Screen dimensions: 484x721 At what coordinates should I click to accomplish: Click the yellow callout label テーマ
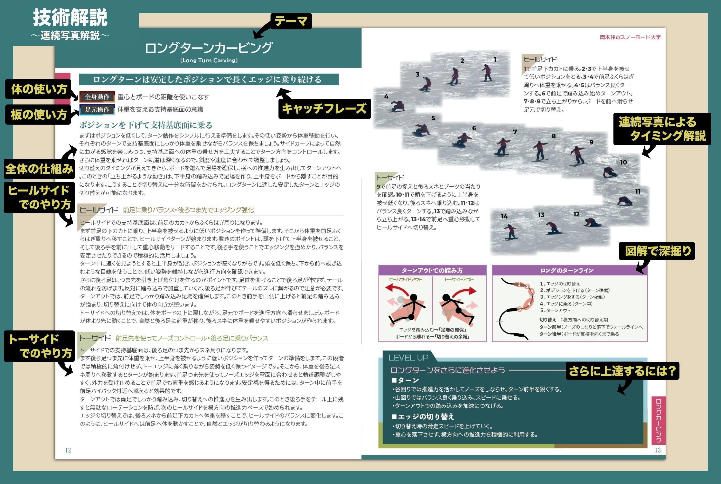[x=291, y=21]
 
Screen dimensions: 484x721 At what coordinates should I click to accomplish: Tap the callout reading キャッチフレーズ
[x=324, y=109]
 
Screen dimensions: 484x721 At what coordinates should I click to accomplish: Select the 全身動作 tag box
[x=97, y=97]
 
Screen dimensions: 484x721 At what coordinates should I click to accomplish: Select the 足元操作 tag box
[x=97, y=109]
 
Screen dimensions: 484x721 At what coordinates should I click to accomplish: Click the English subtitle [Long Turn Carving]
[x=209, y=60]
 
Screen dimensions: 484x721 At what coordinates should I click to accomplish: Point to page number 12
[x=68, y=450]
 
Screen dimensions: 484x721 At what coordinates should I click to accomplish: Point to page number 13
[x=658, y=450]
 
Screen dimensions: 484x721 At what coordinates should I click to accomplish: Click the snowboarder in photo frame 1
[x=487, y=73]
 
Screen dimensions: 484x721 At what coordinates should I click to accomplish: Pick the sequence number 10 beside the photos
[x=624, y=162]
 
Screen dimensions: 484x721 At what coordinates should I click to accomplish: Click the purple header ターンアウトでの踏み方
[x=432, y=270]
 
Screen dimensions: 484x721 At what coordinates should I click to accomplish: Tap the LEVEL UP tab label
[x=408, y=357]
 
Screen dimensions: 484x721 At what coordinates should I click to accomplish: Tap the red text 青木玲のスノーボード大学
[x=630, y=37]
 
